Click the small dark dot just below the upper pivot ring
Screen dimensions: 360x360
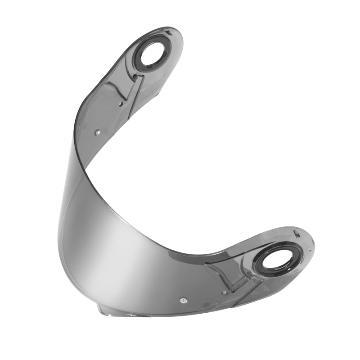coord(135,77)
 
